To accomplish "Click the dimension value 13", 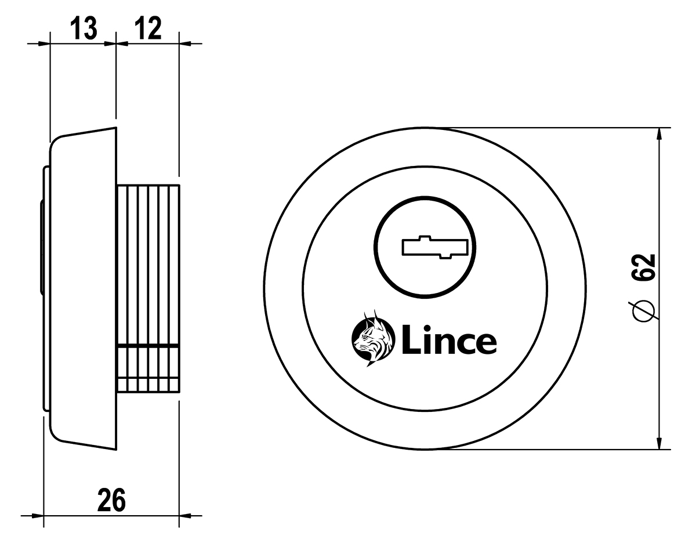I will click(x=84, y=29).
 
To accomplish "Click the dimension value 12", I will click(x=147, y=29).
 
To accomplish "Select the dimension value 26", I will click(x=111, y=500).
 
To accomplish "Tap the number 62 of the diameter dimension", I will click(x=644, y=268).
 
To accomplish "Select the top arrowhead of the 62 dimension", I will click(x=659, y=135).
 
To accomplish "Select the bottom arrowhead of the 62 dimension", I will click(x=659, y=442).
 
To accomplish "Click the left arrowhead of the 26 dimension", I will click(x=37, y=515).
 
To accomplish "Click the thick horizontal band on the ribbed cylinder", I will click(x=148, y=346).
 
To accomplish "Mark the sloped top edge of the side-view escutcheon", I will click(x=87, y=132).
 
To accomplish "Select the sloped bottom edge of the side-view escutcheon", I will click(x=87, y=446).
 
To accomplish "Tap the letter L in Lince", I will click(x=409, y=341).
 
